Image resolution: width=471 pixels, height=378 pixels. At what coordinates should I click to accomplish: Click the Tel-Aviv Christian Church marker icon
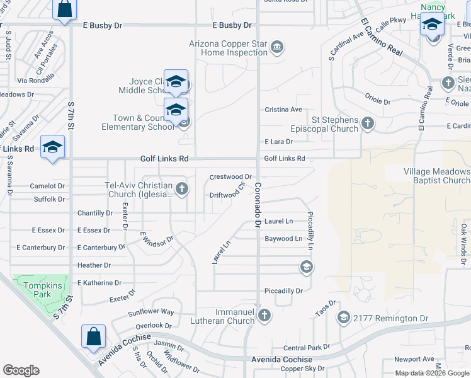(182, 188)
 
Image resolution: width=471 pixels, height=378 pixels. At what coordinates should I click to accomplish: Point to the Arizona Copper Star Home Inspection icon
(276, 47)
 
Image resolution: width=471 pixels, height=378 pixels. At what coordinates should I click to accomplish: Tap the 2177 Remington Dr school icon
(343, 316)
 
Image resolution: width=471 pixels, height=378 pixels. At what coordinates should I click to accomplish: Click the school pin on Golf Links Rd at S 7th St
(52, 147)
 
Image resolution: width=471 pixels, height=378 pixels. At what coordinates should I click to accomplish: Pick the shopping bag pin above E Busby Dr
(65, 10)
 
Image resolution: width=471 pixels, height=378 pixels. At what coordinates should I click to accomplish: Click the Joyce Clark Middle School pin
(176, 82)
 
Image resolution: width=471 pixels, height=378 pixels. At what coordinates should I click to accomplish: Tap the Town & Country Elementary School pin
(176, 110)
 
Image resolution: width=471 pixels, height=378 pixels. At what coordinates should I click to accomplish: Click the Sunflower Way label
(150, 312)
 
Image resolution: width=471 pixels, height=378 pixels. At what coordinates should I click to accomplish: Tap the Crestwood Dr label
(230, 177)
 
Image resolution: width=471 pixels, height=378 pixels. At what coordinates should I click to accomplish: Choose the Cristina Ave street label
(283, 109)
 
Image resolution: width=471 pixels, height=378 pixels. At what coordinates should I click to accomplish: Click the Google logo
(21, 370)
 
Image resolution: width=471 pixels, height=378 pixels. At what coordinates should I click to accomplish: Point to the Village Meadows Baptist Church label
(436, 176)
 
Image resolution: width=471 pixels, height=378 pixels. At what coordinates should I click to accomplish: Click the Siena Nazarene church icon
(448, 83)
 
